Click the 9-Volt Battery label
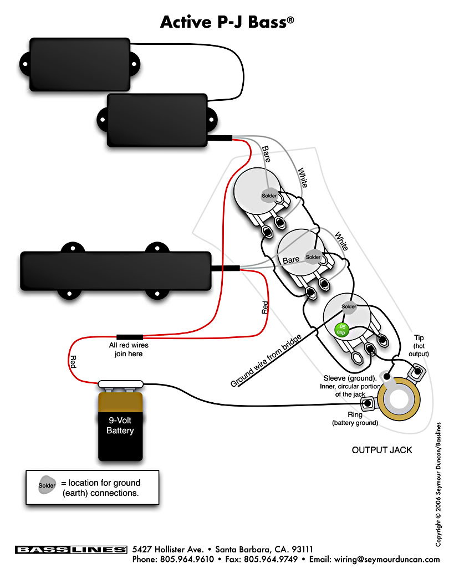pos(120,426)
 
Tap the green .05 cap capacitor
pos(342,329)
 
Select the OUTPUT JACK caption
pos(382,450)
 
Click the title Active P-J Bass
pos(227,22)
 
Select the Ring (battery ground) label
pos(355,419)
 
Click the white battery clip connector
pos(121,383)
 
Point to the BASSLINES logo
pos(71,550)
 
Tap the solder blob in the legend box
pos(47,486)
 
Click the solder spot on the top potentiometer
pos(269,196)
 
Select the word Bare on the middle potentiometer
pos(291,259)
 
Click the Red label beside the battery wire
pos(73,363)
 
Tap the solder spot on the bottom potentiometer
pos(349,306)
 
